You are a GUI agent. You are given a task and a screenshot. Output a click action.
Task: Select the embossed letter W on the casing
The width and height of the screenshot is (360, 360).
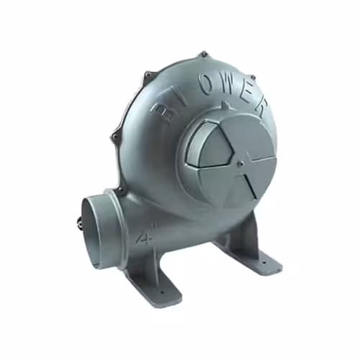click(229, 87)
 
